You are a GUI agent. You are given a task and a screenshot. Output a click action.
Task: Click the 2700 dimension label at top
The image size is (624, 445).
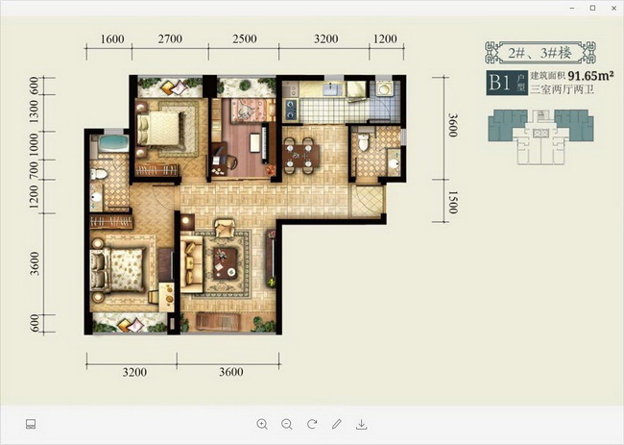(170, 39)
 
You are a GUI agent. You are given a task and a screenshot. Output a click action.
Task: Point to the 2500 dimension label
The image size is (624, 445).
(245, 39)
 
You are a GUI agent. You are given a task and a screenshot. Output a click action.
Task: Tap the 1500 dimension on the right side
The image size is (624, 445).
(453, 203)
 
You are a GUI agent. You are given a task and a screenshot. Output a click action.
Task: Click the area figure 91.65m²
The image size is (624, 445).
(590, 75)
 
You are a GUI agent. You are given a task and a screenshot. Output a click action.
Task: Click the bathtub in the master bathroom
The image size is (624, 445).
(114, 143)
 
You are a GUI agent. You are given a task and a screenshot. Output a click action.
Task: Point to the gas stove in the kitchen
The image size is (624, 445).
(291, 110)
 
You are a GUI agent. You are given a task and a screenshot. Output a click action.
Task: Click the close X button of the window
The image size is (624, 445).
(613, 8)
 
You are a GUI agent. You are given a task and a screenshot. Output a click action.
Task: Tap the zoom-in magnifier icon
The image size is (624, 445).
(262, 424)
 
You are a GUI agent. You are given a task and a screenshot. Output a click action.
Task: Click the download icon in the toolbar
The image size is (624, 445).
(361, 424)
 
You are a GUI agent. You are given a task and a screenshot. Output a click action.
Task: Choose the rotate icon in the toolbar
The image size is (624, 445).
(312, 424)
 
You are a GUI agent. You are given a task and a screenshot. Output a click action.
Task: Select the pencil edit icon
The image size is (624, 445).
(337, 424)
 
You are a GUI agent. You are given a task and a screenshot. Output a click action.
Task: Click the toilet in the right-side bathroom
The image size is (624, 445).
(363, 142)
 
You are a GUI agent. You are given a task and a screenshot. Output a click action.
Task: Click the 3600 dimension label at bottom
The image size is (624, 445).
(230, 372)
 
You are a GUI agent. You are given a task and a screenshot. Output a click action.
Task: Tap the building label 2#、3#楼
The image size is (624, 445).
(540, 53)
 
